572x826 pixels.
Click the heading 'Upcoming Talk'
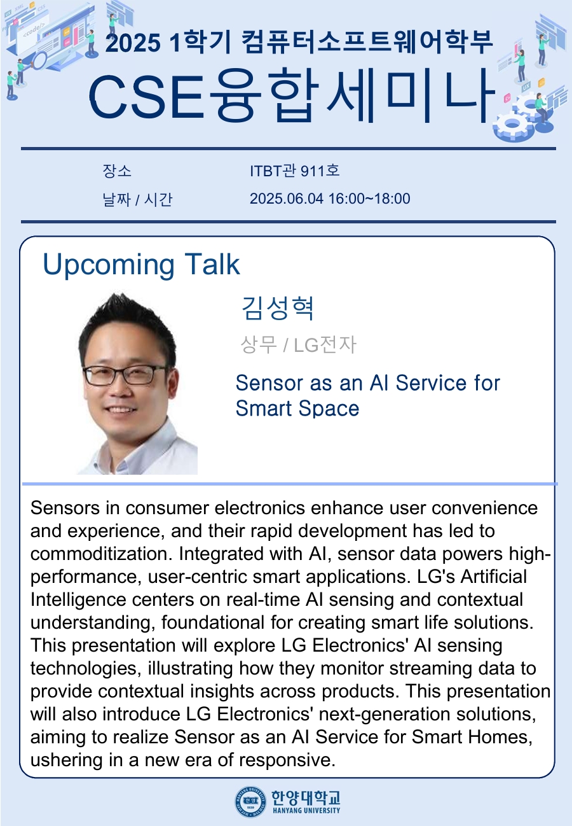[x=142, y=265]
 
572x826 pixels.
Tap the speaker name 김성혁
[x=277, y=308]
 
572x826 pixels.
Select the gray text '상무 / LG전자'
[x=298, y=344]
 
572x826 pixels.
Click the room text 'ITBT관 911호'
[x=294, y=171]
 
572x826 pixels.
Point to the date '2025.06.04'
[x=286, y=199]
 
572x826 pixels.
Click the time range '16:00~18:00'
[x=369, y=199]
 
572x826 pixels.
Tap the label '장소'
[x=117, y=171]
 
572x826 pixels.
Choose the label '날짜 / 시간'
[x=137, y=199]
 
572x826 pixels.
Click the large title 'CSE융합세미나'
[x=291, y=95]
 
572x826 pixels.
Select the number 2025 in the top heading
[x=133, y=43]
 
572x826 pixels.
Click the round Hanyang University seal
[x=250, y=801]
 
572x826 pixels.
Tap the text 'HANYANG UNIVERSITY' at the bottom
[x=306, y=811]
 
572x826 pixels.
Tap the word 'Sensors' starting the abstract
[x=65, y=508]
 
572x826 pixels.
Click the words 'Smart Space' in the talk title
[x=297, y=409]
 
